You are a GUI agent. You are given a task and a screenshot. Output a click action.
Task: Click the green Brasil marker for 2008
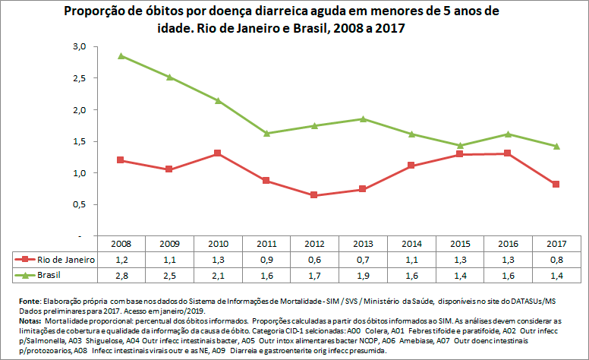121,55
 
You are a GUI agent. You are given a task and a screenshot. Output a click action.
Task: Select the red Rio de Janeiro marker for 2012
313,195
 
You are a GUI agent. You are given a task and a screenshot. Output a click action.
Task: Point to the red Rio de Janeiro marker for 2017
556,185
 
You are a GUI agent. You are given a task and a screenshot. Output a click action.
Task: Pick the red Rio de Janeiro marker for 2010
217,153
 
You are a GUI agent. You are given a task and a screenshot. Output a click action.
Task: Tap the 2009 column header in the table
169,245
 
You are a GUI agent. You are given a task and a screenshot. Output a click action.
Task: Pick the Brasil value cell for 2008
121,273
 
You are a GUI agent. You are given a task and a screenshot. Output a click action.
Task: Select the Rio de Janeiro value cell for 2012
313,259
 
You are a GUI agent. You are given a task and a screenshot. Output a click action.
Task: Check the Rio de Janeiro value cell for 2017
556,259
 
